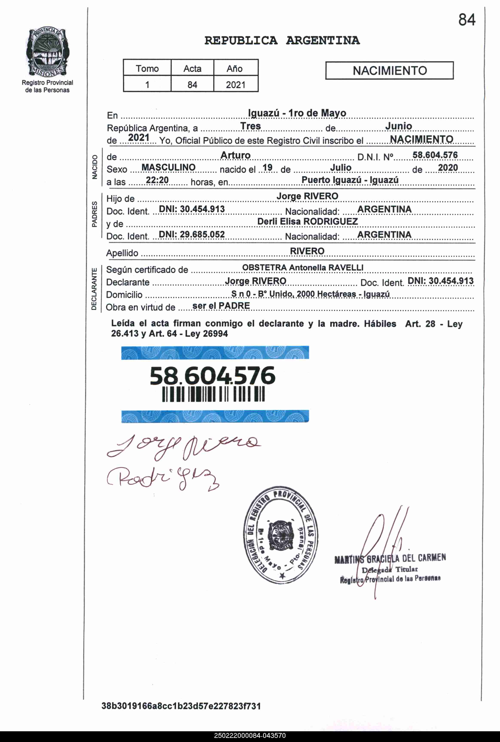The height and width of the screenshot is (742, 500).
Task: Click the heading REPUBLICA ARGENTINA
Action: (x=282, y=41)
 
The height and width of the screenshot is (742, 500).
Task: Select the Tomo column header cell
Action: (x=147, y=68)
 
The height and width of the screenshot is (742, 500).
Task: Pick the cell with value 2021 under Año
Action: (x=235, y=85)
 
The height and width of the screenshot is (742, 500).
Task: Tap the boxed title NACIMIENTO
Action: (x=389, y=71)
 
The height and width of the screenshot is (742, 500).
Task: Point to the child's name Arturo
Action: (x=235, y=155)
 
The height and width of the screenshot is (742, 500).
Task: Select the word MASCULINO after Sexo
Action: (x=168, y=167)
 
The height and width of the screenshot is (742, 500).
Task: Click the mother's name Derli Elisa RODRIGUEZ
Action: (x=307, y=221)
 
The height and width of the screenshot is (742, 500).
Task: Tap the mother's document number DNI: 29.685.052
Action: (x=192, y=235)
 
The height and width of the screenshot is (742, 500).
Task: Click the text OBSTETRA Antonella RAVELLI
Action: (x=303, y=267)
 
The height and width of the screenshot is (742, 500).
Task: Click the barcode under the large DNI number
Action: (x=213, y=395)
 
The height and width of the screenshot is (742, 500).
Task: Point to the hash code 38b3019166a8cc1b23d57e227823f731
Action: (x=181, y=706)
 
